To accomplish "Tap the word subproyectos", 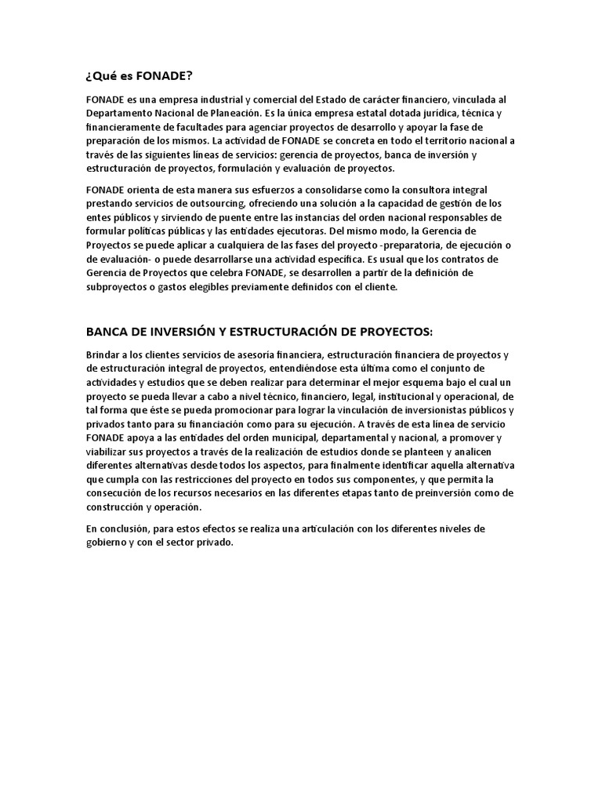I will click(116, 287).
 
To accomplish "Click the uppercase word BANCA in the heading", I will click(106, 331).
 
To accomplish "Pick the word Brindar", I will click(104, 354).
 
